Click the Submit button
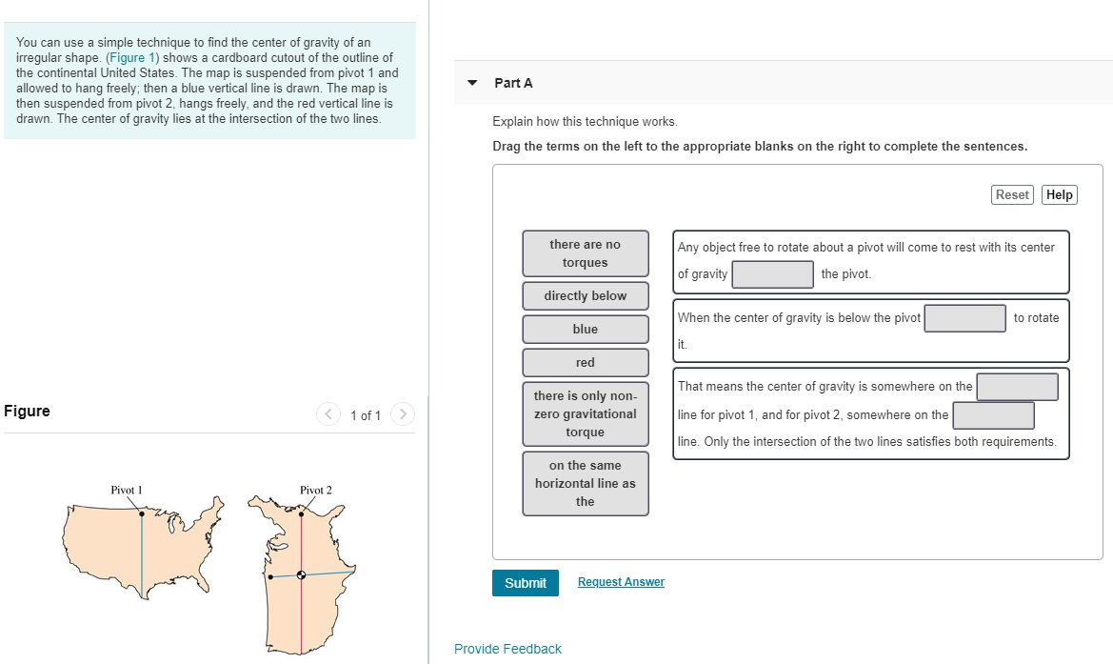[525, 583]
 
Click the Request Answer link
[621, 582]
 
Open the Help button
[1059, 194]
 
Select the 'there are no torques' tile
[585, 253]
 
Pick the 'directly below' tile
[585, 296]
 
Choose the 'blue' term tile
[585, 330]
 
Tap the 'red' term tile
[585, 363]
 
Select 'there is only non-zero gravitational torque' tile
[585, 414]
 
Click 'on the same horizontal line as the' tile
[585, 483]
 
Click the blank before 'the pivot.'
[772, 274]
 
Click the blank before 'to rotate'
[964, 318]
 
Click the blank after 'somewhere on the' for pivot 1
[1017, 387]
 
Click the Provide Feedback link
[507, 649]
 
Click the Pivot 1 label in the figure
[127, 490]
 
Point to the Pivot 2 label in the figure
[316, 490]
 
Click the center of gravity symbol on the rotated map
[302, 574]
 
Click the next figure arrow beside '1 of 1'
[403, 414]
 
